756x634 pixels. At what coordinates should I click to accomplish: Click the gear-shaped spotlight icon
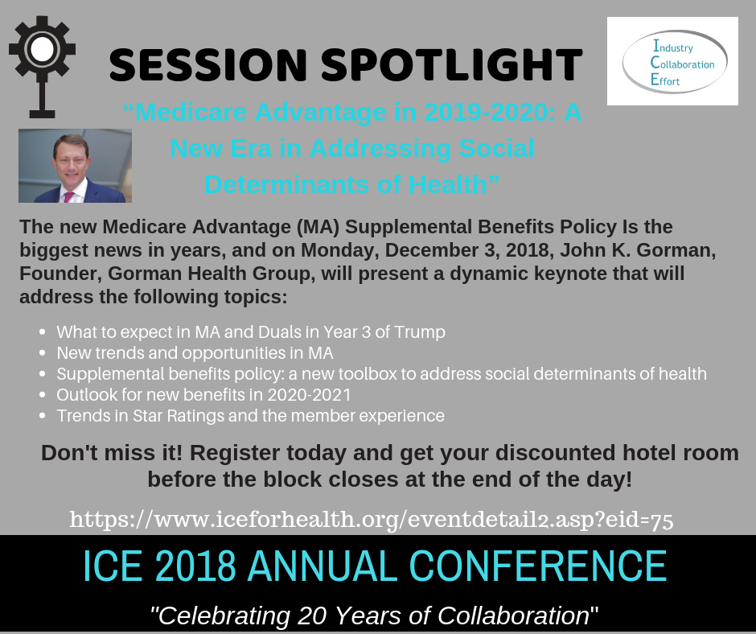pos(42,67)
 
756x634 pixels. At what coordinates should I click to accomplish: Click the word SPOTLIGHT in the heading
pos(452,64)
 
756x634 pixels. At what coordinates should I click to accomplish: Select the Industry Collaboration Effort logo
pos(672,61)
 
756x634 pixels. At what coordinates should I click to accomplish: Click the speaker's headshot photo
pos(76,166)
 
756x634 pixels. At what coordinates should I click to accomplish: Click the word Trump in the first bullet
pos(420,332)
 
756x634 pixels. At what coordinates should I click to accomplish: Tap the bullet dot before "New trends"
pos(43,353)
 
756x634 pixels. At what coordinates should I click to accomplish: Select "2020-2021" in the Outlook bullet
pos(309,395)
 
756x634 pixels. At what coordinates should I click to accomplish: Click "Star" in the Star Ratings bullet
pos(147,415)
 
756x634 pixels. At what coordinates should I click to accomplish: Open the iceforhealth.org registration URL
pos(372,519)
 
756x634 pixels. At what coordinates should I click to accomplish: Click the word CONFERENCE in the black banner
pos(538,566)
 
